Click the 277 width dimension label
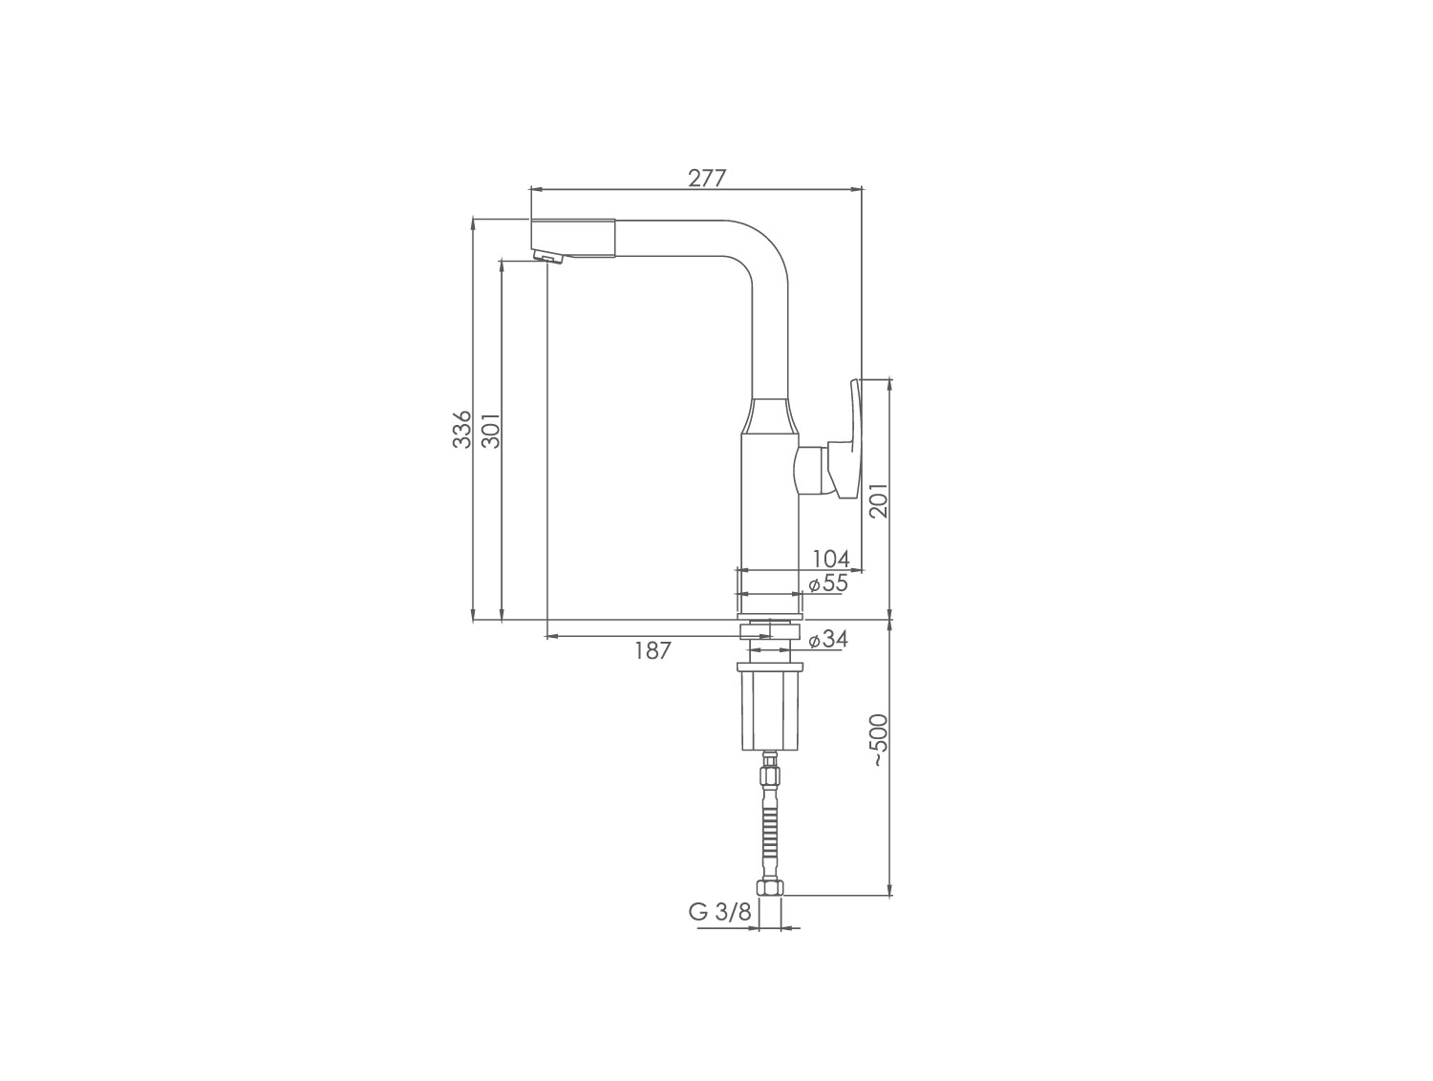707,179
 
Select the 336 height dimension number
462,430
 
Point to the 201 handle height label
880,500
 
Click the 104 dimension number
831,559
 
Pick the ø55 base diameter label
828,583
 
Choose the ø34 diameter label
828,639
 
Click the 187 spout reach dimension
652,650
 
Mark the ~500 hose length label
880,740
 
